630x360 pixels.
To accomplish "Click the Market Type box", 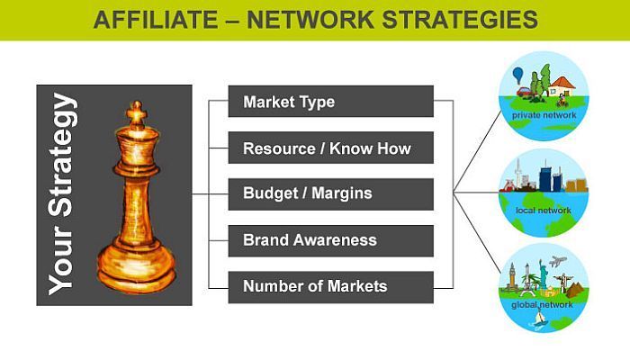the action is tap(330, 102).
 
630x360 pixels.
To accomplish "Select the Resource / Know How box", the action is tap(330, 148).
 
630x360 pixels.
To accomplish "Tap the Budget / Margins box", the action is tap(330, 193).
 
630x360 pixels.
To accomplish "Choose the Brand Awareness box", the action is tap(330, 240).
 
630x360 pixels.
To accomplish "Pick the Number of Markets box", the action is tap(330, 287).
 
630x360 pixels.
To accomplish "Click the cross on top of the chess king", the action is tap(136, 112).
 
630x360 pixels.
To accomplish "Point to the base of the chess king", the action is tap(136, 274).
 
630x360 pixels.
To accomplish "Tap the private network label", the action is tap(544, 116).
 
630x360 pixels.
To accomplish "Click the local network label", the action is tap(544, 211).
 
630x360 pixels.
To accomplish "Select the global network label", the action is tap(544, 305).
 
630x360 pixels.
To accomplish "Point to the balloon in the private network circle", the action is tap(518, 75).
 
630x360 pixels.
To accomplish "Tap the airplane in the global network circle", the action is tap(560, 262).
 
